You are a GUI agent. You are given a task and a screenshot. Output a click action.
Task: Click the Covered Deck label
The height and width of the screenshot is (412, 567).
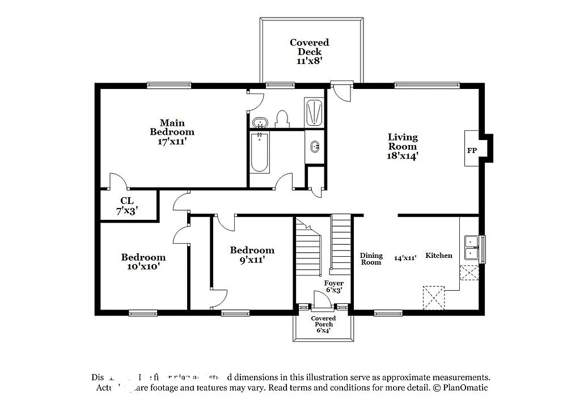pyautogui.click(x=309, y=47)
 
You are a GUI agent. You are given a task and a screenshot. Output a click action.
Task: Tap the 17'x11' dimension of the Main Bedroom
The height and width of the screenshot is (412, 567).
pyautogui.click(x=172, y=142)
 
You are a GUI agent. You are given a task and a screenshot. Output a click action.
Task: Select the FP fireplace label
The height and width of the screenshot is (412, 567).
pyautogui.click(x=472, y=151)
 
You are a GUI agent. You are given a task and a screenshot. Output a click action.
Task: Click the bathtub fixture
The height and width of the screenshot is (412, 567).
pyautogui.click(x=259, y=152)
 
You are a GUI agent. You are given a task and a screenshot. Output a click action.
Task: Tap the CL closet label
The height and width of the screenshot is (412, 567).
pyautogui.click(x=127, y=201)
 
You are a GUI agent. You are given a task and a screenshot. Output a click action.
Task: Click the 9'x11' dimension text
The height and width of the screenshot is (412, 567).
pyautogui.click(x=252, y=260)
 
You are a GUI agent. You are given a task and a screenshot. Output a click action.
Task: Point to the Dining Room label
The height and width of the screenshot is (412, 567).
pyautogui.click(x=371, y=259)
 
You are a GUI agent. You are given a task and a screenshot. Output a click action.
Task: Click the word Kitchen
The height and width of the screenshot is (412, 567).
pyautogui.click(x=439, y=256)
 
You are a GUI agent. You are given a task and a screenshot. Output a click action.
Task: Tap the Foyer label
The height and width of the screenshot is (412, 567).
pyautogui.click(x=334, y=283)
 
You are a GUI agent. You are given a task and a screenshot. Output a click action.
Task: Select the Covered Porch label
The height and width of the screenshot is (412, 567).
pyautogui.click(x=323, y=321)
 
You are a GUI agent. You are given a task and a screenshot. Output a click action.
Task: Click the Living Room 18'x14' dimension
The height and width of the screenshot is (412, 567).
pyautogui.click(x=403, y=156)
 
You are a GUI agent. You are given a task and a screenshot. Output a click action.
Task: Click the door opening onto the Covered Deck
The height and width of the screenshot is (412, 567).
pyautogui.click(x=341, y=91)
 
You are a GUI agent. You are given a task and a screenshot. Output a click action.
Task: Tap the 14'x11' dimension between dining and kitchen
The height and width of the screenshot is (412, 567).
pyautogui.click(x=405, y=258)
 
